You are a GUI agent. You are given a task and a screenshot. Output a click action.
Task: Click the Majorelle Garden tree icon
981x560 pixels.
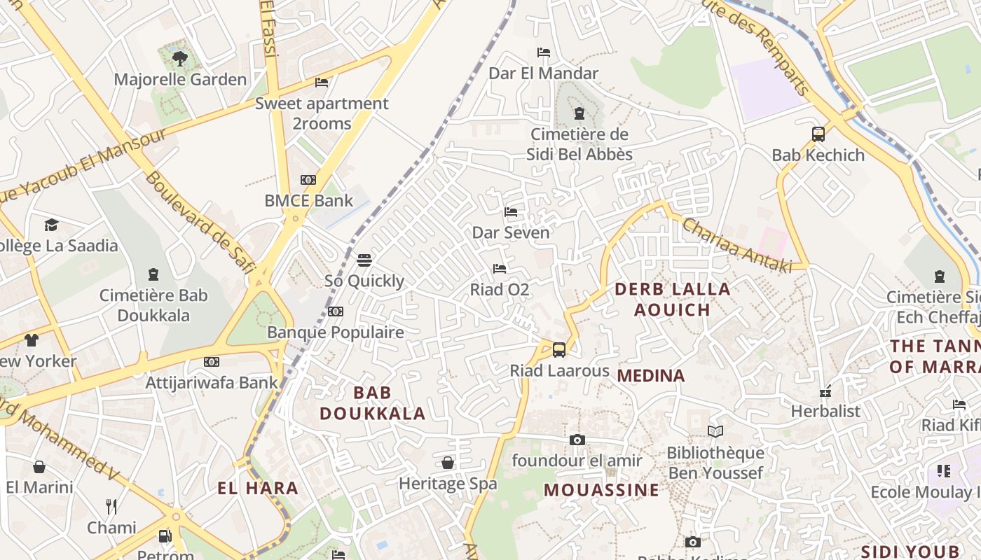pos(180,58)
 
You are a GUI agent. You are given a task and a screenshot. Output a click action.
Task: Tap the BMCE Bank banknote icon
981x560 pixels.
pos(308,180)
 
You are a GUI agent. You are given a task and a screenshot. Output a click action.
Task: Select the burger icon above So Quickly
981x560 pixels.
pos(364,260)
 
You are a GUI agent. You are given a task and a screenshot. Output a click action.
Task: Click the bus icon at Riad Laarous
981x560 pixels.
pos(558,349)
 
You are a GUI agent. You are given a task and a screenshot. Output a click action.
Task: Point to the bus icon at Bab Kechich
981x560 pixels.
pos(818,134)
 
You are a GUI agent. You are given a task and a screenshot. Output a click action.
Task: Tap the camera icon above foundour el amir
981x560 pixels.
pos(577,440)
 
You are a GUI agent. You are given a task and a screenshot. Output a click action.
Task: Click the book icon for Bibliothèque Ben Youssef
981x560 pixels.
pos(715,431)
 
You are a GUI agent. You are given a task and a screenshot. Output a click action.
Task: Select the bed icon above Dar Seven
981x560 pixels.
pos(511,211)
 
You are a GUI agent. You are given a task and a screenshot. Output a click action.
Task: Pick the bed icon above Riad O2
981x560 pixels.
pos(499,268)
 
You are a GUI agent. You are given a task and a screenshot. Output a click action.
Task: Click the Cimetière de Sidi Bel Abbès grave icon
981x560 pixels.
pos(579,113)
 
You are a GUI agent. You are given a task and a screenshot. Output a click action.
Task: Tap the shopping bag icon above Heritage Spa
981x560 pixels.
pos(447,463)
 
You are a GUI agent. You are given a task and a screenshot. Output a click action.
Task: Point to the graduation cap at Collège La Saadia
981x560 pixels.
pos(51,225)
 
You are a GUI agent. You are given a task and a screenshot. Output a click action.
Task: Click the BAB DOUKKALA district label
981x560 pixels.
pos(373,402)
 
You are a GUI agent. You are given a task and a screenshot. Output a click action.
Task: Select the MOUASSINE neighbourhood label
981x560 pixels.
pos(601,489)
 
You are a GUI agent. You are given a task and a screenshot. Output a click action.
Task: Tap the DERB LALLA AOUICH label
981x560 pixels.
pos(672,299)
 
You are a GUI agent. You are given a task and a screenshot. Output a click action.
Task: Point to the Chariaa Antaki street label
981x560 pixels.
pos(736,246)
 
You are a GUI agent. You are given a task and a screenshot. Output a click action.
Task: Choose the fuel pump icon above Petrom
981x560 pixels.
pos(165,536)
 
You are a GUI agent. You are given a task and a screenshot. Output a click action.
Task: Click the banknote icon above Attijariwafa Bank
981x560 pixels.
pos(211,362)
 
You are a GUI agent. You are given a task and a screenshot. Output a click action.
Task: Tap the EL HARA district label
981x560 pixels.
pos(258,488)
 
